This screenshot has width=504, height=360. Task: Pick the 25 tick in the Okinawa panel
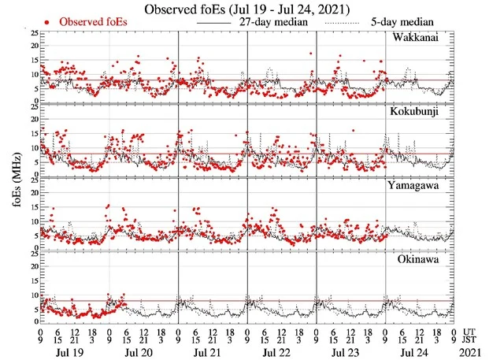(x=31, y=254)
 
